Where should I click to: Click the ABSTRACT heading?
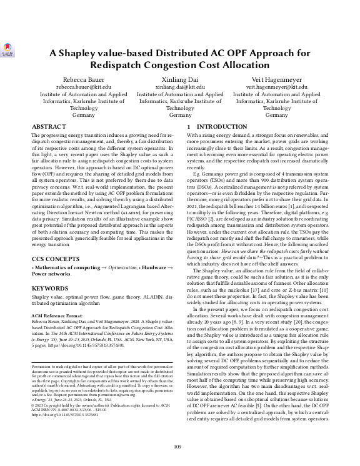[48, 127]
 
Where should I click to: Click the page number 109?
[179, 446]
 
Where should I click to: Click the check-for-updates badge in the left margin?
[8, 51]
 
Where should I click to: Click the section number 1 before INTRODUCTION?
[189, 127]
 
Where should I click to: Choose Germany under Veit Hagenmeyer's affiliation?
[277, 116]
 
